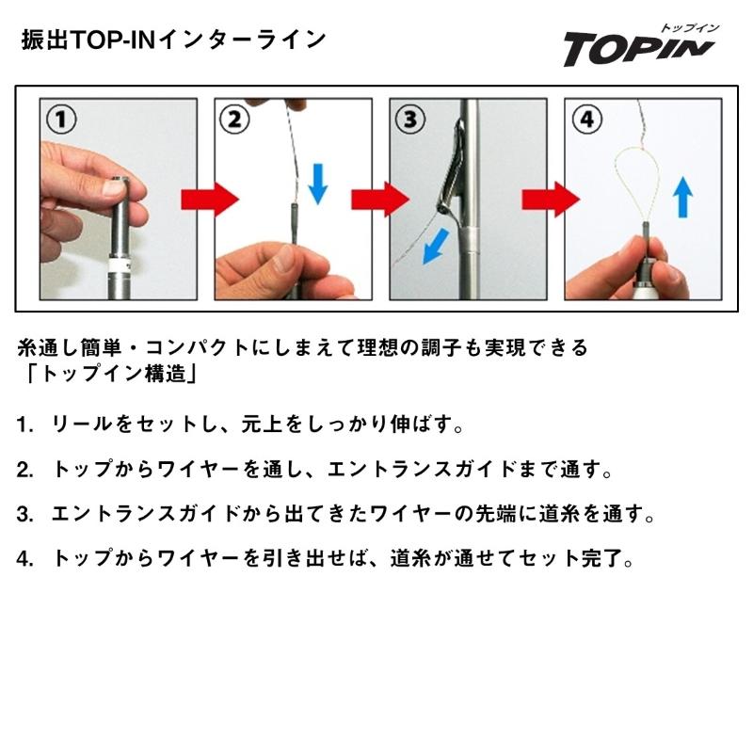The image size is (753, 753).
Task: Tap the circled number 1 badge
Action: (x=62, y=120)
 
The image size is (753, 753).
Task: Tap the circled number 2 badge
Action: (x=235, y=120)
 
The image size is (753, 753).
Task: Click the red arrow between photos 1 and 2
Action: (x=209, y=199)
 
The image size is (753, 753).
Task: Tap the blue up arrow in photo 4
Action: (x=684, y=199)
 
